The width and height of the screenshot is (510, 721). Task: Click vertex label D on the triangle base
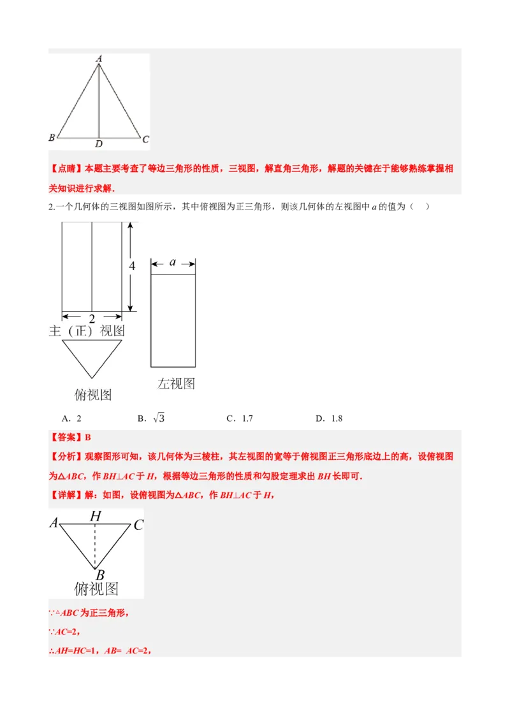(x=99, y=143)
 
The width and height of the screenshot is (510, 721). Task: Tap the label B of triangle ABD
(x=52, y=138)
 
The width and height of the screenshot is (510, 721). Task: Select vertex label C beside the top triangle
(x=146, y=139)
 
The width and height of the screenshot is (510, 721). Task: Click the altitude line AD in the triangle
(x=99, y=102)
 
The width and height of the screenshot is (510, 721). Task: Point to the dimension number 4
(x=132, y=266)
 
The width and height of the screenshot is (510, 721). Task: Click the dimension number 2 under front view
(x=92, y=318)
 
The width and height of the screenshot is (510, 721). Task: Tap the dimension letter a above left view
(x=173, y=262)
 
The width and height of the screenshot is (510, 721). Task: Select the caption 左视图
(x=176, y=383)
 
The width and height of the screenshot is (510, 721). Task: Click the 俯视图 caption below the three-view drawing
(x=92, y=395)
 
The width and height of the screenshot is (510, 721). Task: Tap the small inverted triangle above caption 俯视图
(x=92, y=357)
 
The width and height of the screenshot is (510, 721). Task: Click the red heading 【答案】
(x=66, y=437)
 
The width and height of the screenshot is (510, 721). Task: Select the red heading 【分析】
(x=66, y=457)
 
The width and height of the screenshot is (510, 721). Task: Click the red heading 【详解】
(x=66, y=495)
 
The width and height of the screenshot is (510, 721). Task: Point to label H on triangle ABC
(x=96, y=516)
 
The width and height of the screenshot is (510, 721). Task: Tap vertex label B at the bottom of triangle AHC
(x=100, y=575)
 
